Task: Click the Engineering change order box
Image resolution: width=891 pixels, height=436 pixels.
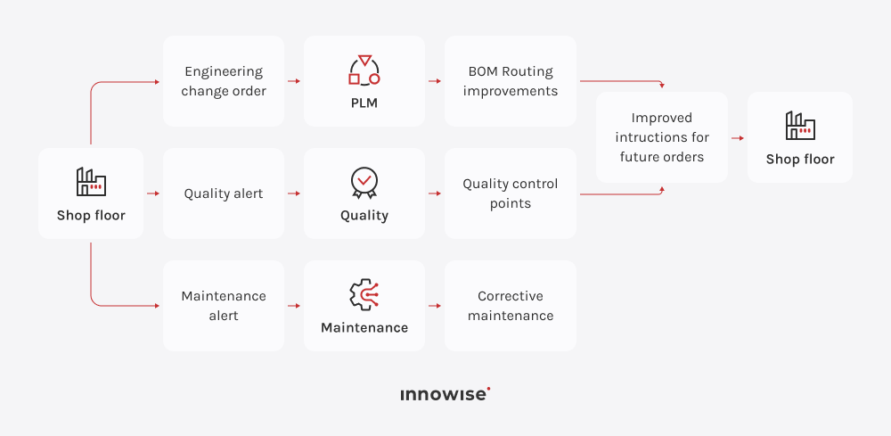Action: coord(224,81)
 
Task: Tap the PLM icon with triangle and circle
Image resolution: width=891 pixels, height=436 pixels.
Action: coord(364,70)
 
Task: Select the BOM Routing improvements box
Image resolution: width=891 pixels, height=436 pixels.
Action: coord(511,81)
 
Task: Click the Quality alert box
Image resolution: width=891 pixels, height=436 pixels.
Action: coord(224,193)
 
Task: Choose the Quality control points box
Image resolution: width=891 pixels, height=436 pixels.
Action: coord(511,193)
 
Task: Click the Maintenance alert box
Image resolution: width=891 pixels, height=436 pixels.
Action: coord(224,306)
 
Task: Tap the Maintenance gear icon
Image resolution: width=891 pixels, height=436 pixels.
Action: coord(364,295)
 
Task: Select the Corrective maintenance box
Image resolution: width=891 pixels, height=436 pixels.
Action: coord(511,306)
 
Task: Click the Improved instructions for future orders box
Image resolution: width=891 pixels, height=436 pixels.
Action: coord(662,137)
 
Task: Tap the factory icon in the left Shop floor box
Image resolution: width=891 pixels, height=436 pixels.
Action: coord(91,182)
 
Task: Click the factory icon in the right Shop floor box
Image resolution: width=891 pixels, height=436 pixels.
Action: coord(800,126)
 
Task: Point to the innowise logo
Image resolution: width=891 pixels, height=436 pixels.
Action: coord(445,394)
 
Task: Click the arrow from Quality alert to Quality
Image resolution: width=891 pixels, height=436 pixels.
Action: coord(294,193)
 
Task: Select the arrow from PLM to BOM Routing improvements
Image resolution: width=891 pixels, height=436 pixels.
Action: coord(435,81)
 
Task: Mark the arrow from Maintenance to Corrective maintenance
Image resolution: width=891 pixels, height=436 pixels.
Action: coord(435,306)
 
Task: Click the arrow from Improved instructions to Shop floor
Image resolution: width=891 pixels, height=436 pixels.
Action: coord(738,138)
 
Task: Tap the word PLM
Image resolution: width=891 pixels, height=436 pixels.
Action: coord(364,103)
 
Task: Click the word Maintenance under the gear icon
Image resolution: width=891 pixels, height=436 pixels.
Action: coord(364,327)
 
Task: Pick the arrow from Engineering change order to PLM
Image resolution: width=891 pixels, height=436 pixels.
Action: coord(294,81)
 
